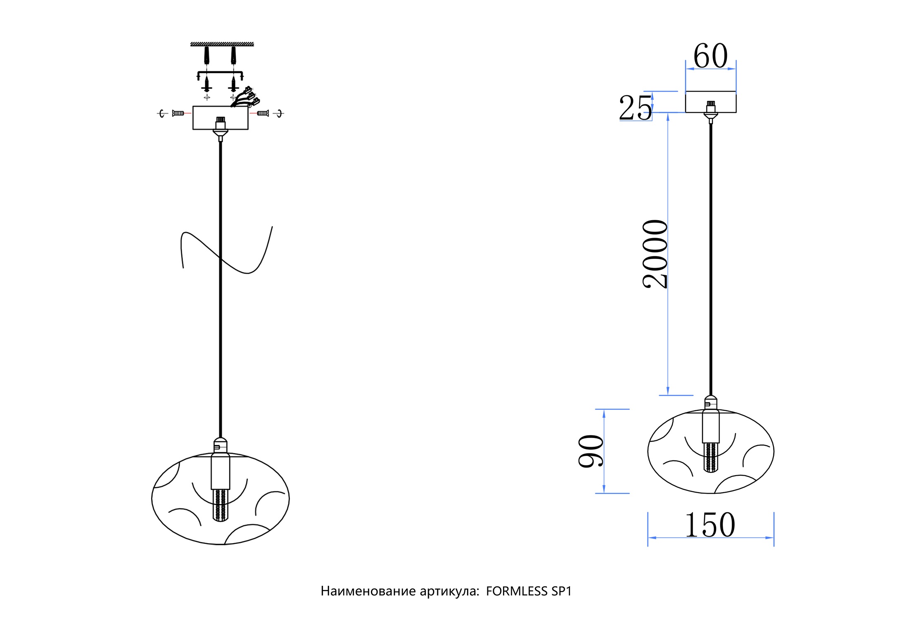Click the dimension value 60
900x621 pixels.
[710, 56]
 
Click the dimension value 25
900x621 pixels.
[635, 108]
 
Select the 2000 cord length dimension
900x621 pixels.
[655, 254]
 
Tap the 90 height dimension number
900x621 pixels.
[591, 451]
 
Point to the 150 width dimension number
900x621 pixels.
[710, 525]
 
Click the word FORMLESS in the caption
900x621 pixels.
[517, 591]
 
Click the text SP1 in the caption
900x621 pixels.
[561, 591]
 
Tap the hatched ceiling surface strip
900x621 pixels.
[222, 44]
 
